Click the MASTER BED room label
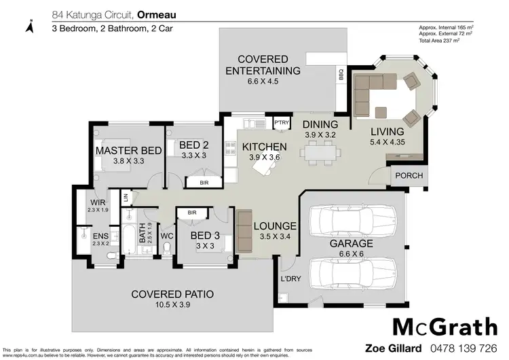[128, 150]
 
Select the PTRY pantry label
[281, 122]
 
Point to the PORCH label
[409, 176]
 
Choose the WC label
[167, 236]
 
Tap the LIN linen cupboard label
[126, 197]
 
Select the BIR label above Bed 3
[192, 213]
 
